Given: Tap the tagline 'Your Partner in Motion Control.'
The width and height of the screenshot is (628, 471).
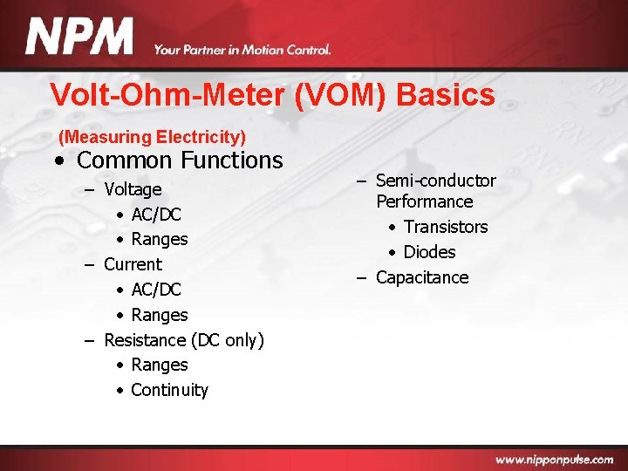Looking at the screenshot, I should tap(242, 50).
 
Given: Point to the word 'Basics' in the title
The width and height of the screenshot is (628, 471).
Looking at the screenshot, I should tap(445, 95).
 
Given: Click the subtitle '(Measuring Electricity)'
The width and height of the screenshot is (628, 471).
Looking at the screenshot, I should tap(152, 137).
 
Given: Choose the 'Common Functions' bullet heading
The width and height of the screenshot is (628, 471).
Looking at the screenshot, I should tap(180, 160).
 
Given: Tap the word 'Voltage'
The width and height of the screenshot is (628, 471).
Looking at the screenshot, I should tap(133, 189).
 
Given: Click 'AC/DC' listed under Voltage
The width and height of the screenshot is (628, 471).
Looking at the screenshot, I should tap(156, 215).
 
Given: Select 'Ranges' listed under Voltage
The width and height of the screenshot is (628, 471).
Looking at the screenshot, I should tap(160, 239).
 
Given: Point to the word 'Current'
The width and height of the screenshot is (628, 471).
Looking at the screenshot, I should tap(133, 264).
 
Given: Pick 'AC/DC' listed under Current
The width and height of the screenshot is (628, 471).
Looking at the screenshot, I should tap(156, 290).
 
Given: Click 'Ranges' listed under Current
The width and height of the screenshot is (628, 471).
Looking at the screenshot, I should tap(160, 315).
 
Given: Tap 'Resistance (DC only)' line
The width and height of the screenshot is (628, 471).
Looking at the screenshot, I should tap(183, 340).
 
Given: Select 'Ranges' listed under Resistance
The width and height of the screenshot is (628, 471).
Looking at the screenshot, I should tap(160, 365).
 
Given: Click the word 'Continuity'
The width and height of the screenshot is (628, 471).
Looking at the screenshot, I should tap(169, 390).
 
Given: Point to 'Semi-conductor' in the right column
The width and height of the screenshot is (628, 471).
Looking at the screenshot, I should tap(435, 181).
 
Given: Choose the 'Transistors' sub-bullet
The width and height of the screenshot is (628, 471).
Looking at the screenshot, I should tap(445, 227).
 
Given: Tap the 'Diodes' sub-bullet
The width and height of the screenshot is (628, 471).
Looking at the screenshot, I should tap(429, 252).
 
